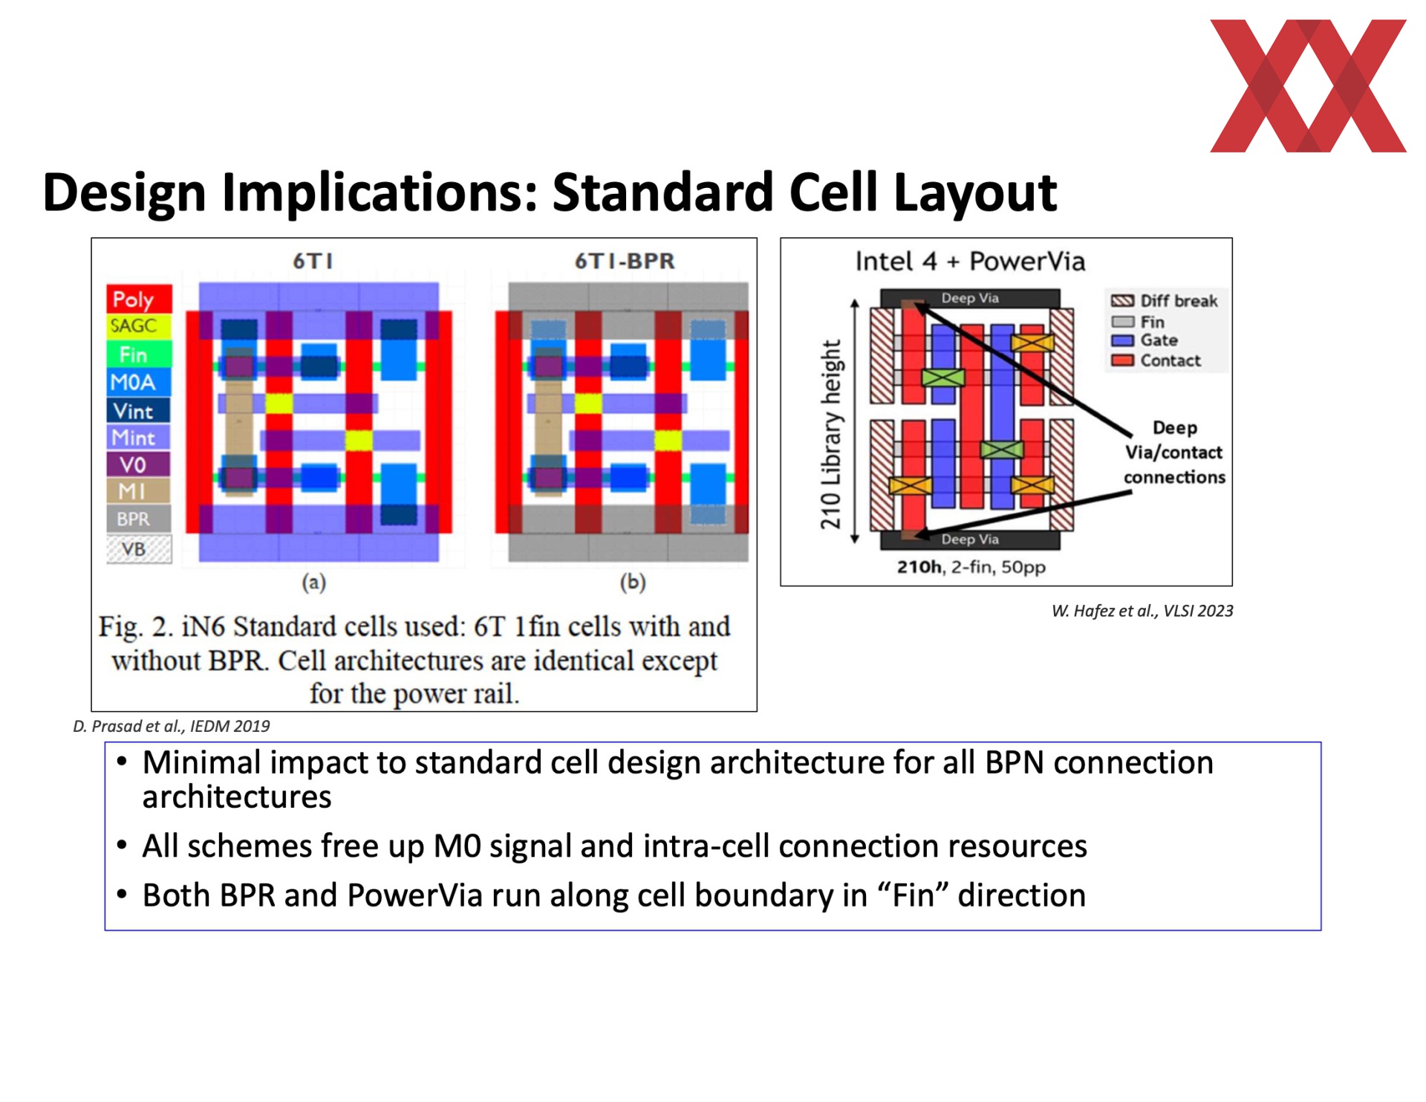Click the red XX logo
click(1307, 85)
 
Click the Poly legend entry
click(139, 299)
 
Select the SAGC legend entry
click(139, 325)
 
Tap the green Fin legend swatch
click(139, 354)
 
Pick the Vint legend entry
click(139, 410)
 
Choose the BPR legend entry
click(139, 519)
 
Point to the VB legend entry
click(139, 549)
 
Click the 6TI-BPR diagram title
click(625, 261)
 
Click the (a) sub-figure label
click(313, 582)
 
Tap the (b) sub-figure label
click(633, 582)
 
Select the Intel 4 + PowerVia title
click(970, 262)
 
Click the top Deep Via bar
click(969, 298)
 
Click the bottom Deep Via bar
click(969, 539)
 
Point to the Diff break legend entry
click(1164, 301)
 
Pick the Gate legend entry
click(1145, 340)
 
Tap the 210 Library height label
click(831, 435)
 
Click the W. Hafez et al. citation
click(1142, 611)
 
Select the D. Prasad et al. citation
click(172, 726)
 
